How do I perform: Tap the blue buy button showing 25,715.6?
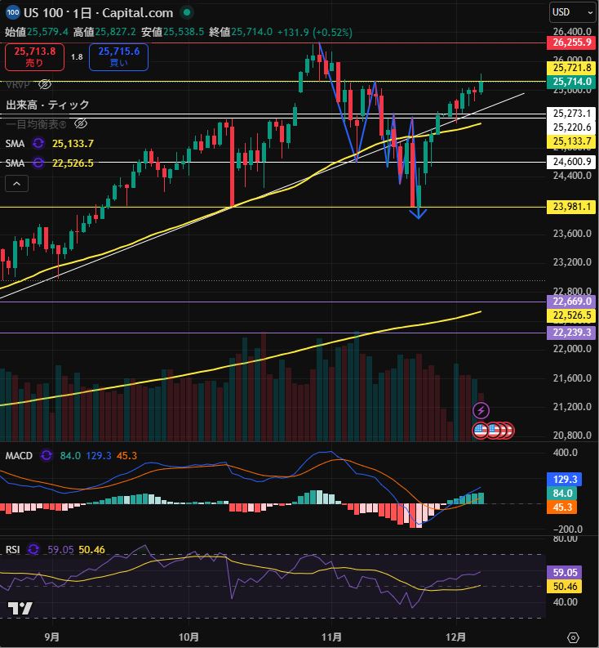click(x=119, y=56)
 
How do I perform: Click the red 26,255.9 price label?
click(x=571, y=42)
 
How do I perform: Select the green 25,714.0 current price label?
click(x=571, y=82)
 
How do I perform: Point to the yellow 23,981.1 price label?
click(x=571, y=207)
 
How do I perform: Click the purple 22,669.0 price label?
click(x=571, y=302)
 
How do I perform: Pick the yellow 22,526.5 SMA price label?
click(x=571, y=315)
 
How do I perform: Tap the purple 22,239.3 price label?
click(x=571, y=333)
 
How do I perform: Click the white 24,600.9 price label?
click(x=571, y=162)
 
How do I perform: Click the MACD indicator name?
click(x=19, y=455)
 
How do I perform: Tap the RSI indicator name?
click(x=12, y=550)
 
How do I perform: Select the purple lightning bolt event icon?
click(x=481, y=409)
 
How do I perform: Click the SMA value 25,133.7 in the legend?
click(x=73, y=143)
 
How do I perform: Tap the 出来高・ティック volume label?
click(x=47, y=105)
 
